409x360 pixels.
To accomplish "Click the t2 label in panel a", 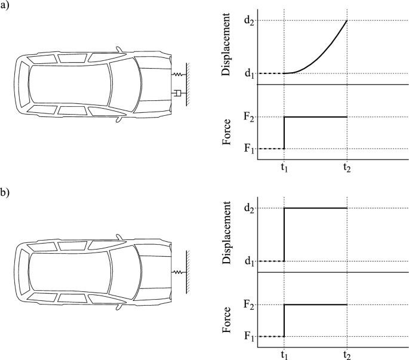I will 346,169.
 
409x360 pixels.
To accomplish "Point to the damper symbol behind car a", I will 177,93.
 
